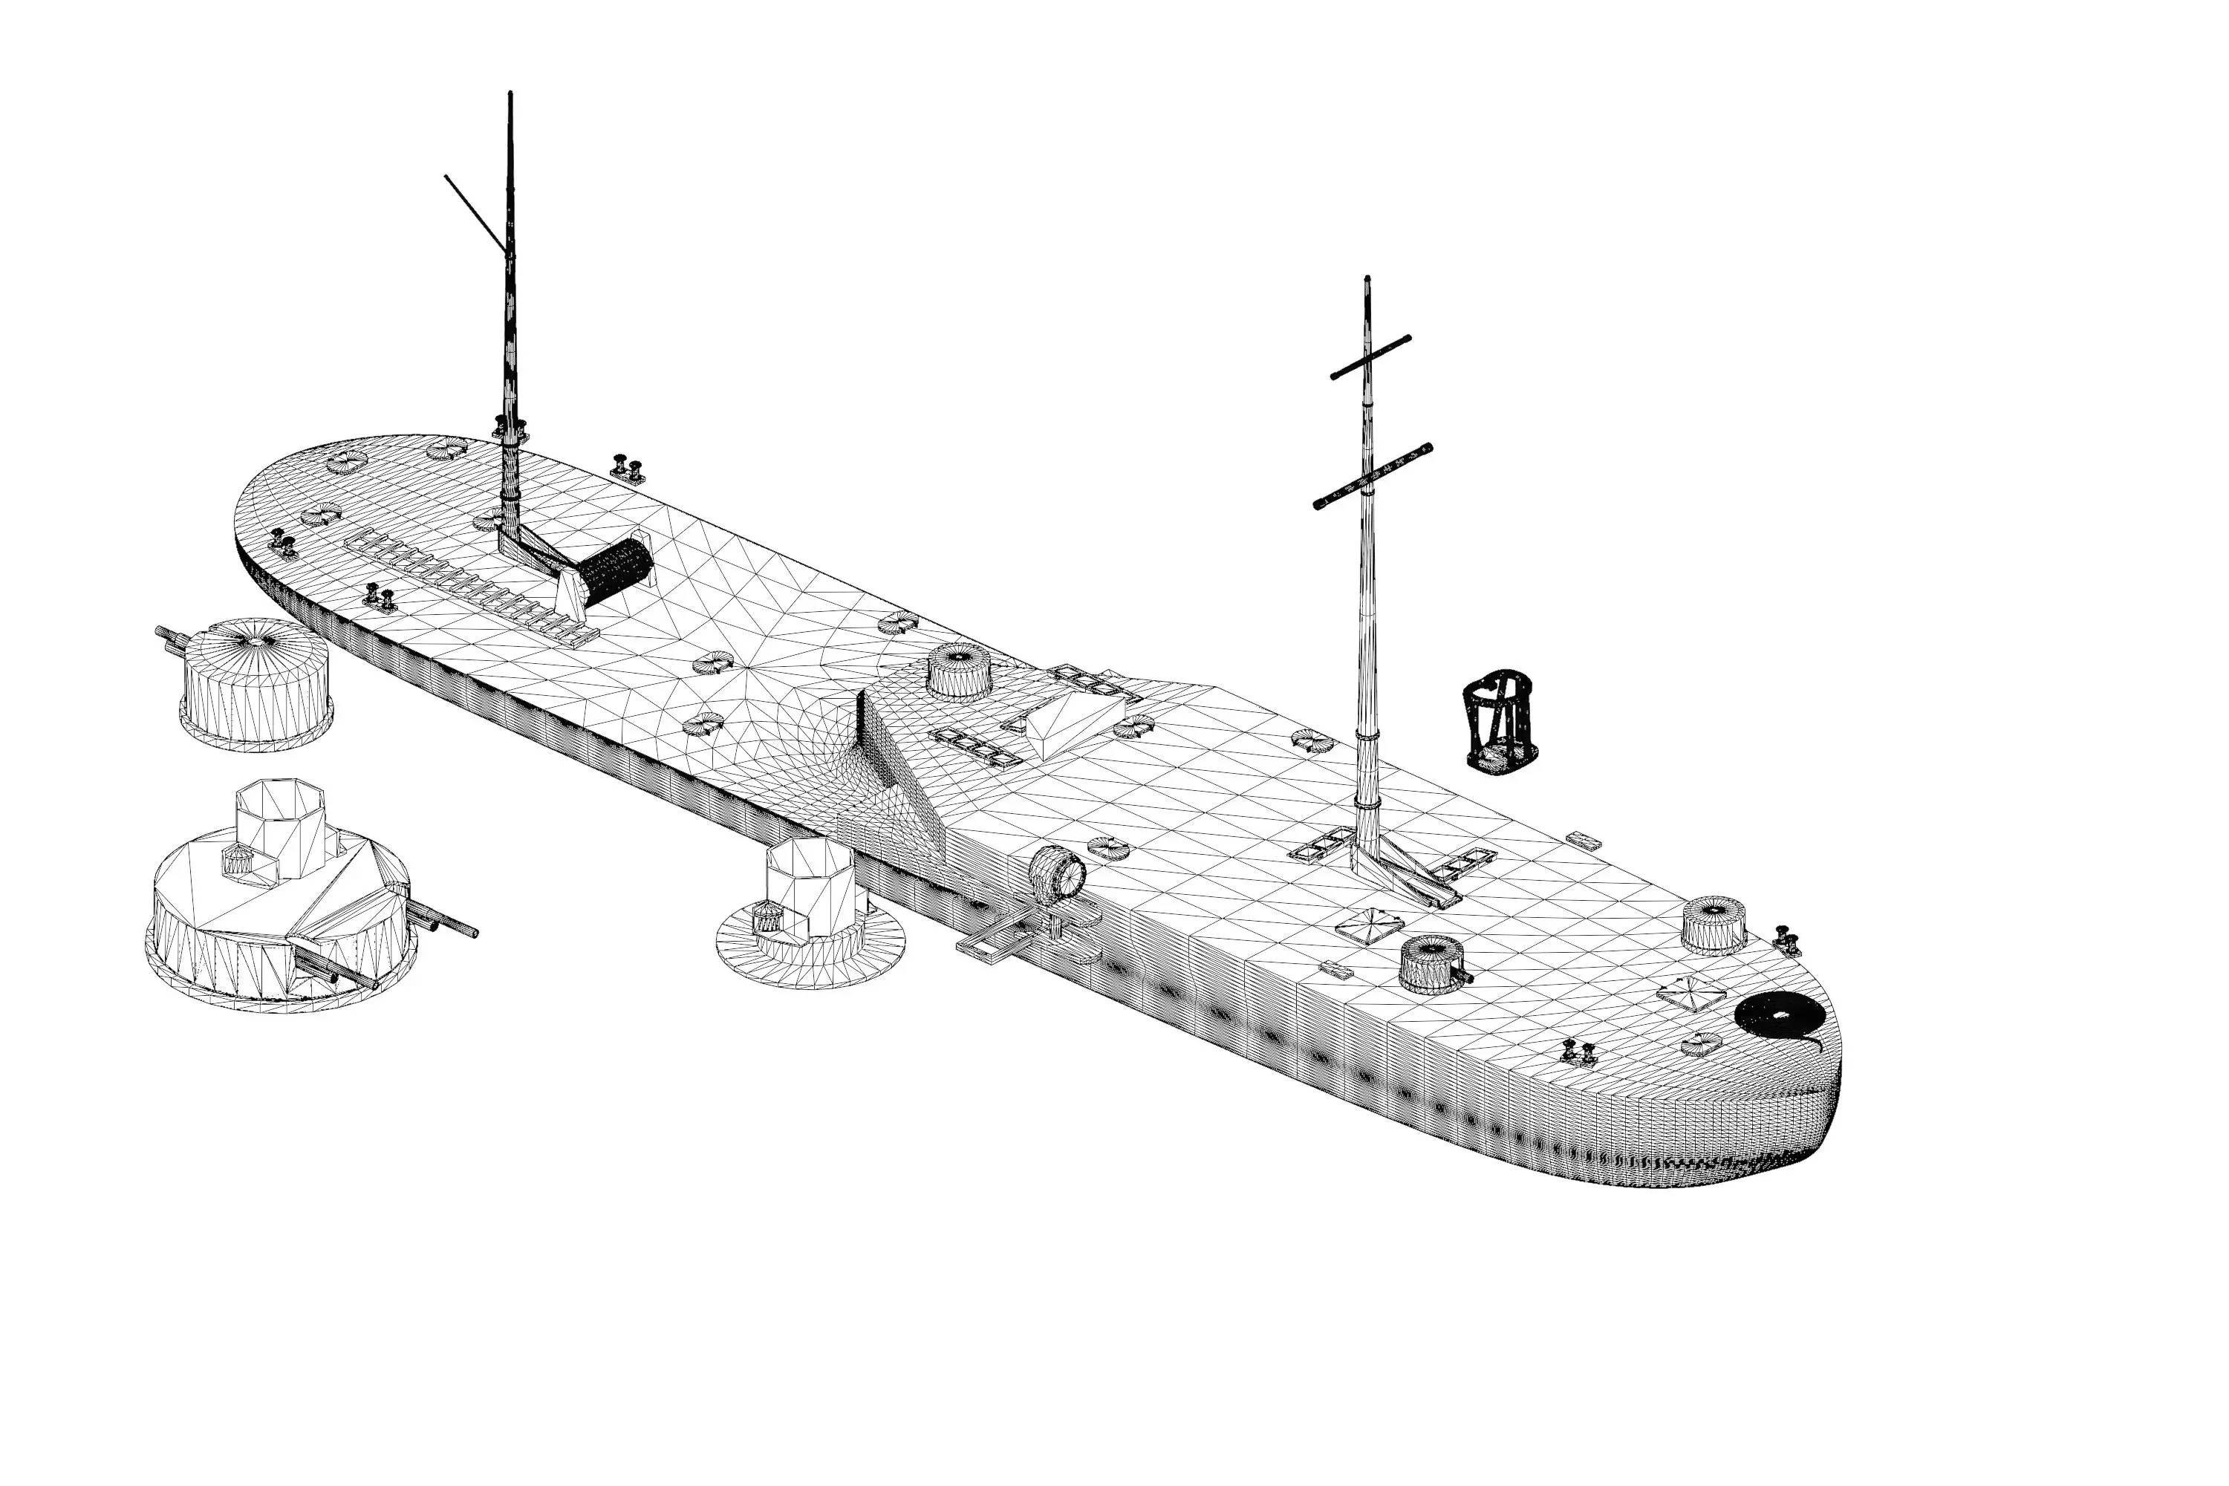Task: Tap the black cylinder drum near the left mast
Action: coord(616,573)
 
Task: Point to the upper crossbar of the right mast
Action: coord(1370,357)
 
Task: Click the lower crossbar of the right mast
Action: coord(1373,476)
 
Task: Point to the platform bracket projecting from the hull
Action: coord(1004,938)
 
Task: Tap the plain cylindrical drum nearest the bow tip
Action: coord(1714,924)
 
